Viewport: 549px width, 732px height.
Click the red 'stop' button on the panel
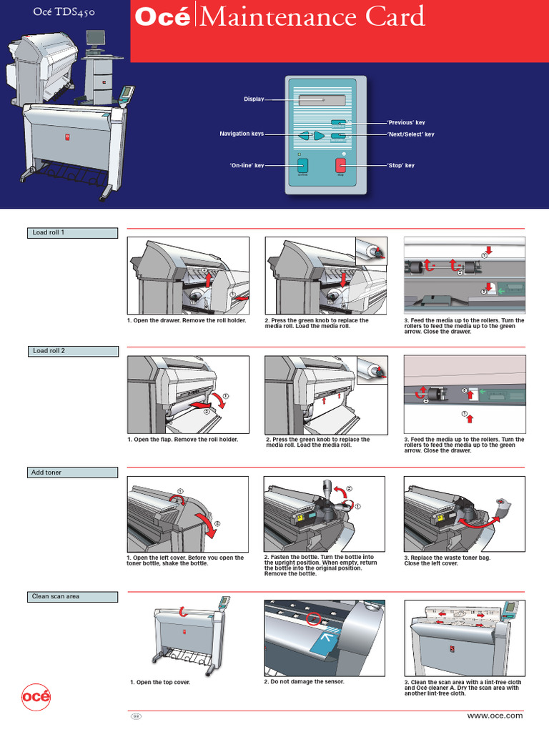click(x=340, y=166)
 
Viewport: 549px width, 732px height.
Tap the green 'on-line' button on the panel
click(x=302, y=166)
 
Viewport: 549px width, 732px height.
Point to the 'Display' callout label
click(x=254, y=99)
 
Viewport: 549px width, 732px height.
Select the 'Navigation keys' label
click(x=241, y=134)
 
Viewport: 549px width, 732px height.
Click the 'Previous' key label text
click(x=406, y=123)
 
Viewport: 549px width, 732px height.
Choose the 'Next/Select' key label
click(x=410, y=134)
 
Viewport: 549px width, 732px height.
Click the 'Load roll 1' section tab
click(x=72, y=232)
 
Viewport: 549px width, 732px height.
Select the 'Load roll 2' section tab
click(x=72, y=351)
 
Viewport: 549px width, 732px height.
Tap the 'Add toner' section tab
click(x=72, y=473)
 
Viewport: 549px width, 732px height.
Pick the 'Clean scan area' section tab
click(x=72, y=596)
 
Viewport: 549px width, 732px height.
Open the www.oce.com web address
click(x=495, y=716)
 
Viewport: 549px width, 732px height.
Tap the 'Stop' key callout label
click(x=400, y=166)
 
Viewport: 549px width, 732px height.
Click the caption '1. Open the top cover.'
click(x=160, y=683)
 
